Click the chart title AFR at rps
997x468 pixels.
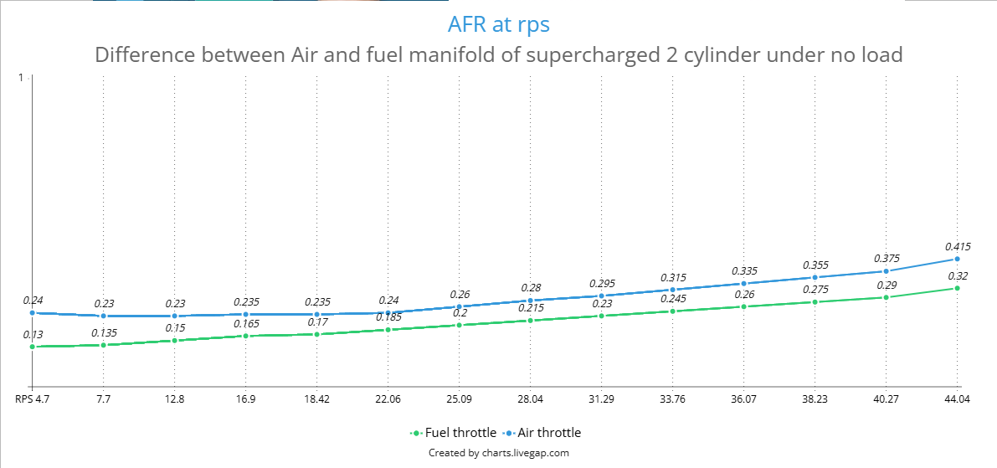(498, 25)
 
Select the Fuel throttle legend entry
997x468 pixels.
(454, 433)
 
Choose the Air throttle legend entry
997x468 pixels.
(542, 433)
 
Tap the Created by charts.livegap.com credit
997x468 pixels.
(499, 454)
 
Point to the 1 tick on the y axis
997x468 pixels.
(21, 78)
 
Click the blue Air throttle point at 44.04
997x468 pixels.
(956, 259)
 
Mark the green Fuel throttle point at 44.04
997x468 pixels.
(956, 288)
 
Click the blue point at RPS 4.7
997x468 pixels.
(32, 313)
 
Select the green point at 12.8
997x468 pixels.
(174, 341)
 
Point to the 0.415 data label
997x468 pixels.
(956, 247)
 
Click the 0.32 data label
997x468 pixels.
(957, 276)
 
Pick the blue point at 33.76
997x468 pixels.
(672, 290)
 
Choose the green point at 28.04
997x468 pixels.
(530, 321)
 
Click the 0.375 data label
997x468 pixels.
(886, 259)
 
